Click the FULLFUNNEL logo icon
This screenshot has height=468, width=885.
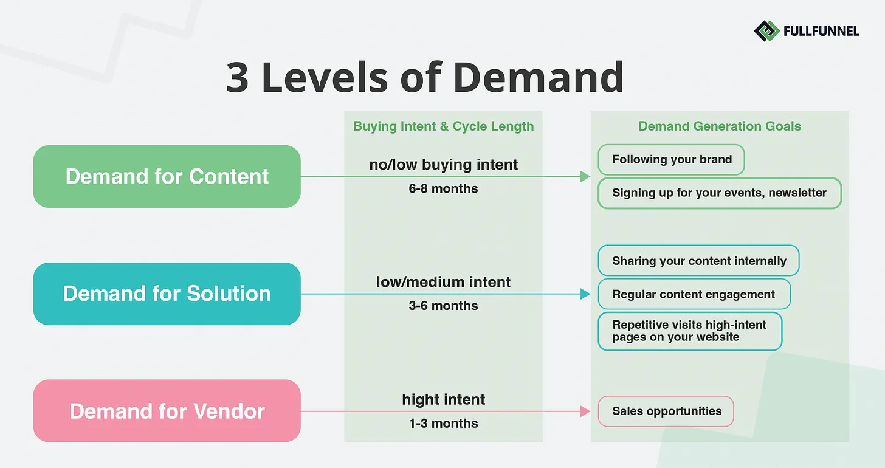point(766,30)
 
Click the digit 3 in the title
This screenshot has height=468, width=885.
point(238,78)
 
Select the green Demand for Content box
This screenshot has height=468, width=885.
point(167,176)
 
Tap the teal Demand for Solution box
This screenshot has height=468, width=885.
point(167,294)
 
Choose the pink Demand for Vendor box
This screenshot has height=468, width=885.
point(167,411)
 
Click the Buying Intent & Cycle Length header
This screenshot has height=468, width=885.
point(443,126)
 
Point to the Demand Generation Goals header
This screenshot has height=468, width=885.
point(719,126)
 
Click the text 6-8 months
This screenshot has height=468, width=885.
point(443,188)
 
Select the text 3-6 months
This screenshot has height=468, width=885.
point(443,306)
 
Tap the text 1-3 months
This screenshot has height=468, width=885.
point(443,423)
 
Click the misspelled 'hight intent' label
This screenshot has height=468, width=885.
point(443,399)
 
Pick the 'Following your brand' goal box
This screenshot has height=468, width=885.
point(671,159)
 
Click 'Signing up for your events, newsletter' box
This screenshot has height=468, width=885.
point(719,193)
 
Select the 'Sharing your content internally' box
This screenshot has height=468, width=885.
point(698,261)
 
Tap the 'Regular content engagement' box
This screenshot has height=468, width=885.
point(694,294)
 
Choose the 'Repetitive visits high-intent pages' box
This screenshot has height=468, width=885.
point(689,331)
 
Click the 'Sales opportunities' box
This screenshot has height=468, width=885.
point(666,411)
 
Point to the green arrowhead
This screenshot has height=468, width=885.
point(585,176)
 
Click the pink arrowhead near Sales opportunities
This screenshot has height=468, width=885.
point(585,411)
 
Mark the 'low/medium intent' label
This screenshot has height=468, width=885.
point(443,282)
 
